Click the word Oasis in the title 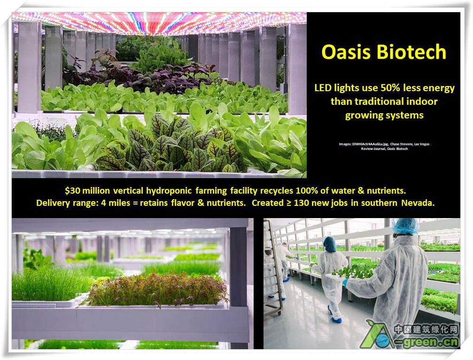coord(346,52)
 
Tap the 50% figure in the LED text coord(390,88)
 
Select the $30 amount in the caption coord(72,191)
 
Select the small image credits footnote coord(384,146)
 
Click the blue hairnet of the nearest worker coord(406,226)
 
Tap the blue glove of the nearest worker coord(346,283)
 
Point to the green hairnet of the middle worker coord(330,244)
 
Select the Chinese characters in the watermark coord(426,329)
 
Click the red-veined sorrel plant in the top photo coord(175,145)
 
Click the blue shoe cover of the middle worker coord(336,320)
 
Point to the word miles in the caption coord(119,203)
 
